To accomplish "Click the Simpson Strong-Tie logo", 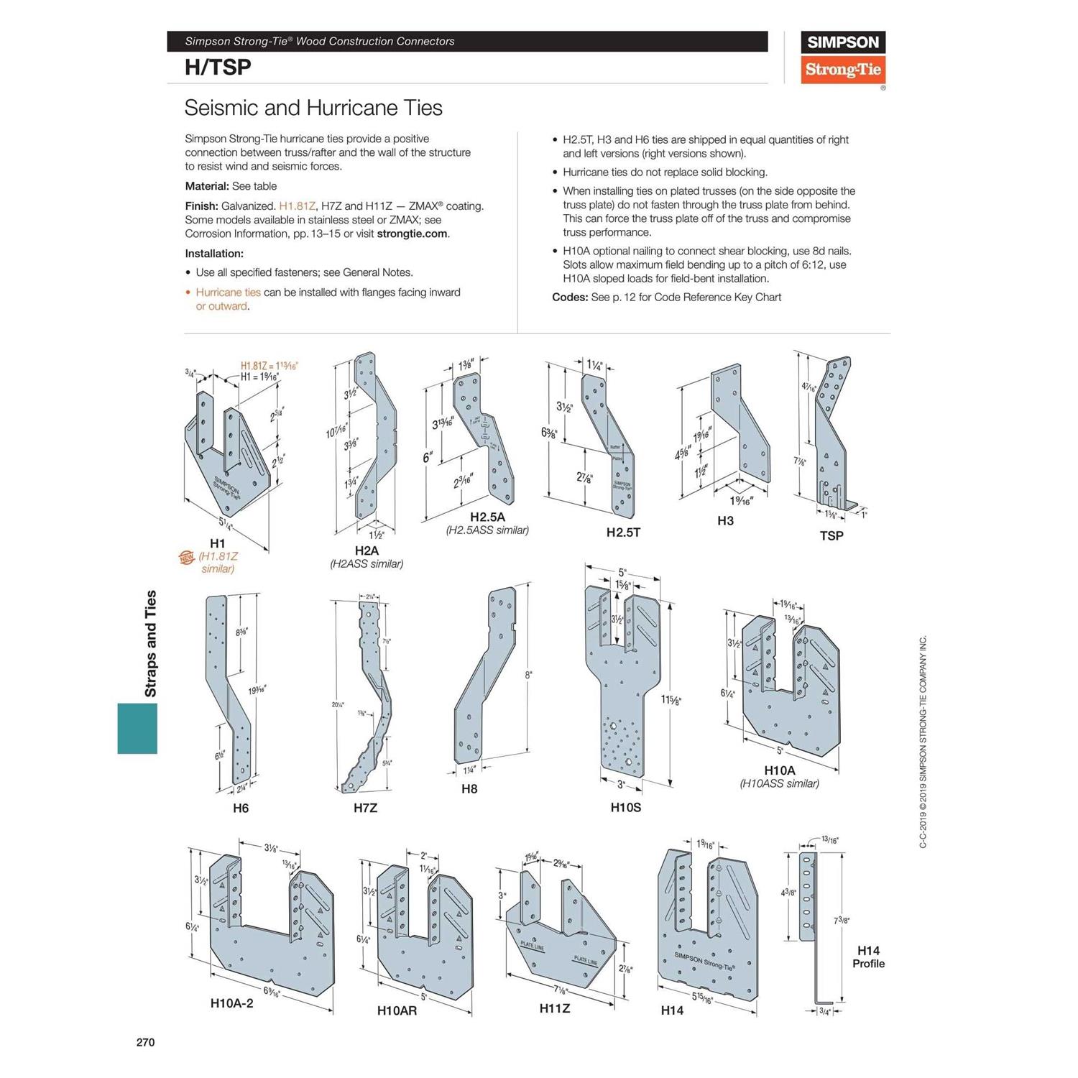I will [x=842, y=57].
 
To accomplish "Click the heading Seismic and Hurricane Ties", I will [x=313, y=108].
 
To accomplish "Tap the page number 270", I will [x=145, y=1042].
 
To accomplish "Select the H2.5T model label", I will [x=623, y=532].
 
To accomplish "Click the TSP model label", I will [x=831, y=535].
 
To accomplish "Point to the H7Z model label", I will [x=365, y=808].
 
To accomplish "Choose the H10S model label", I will [x=625, y=807].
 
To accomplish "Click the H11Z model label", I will [x=555, y=1008].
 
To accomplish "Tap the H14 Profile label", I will [x=868, y=957].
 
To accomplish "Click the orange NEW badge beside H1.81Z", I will [x=187, y=558].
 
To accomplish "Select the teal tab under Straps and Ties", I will [x=137, y=728].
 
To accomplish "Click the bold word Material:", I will [x=207, y=186].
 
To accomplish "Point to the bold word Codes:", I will [x=570, y=297].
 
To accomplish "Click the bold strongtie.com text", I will [x=412, y=234].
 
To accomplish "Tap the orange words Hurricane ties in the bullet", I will [x=228, y=292].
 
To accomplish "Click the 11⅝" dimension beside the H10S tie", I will [x=671, y=699].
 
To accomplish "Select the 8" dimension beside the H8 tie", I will [x=528, y=675].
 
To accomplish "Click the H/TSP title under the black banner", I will [x=218, y=67].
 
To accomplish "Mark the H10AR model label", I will [x=397, y=1010].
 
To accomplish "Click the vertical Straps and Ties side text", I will [x=151, y=643].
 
